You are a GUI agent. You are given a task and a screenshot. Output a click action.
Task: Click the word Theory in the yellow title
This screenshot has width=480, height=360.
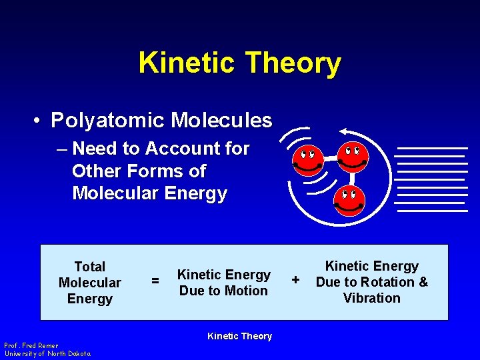pyautogui.click(x=293, y=63)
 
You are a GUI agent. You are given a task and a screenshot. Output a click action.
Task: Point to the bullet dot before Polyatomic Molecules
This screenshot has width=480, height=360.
pyautogui.click(x=39, y=121)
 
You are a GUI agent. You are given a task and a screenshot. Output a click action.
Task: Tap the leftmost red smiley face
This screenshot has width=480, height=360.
pyautogui.click(x=307, y=159)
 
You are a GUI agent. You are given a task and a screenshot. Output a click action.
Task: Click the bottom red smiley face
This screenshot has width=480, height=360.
pyautogui.click(x=349, y=200)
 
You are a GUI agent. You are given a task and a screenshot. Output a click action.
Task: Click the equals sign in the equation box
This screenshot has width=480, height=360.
pyautogui.click(x=155, y=282)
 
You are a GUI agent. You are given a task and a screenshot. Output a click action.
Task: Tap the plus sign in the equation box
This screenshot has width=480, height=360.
pyautogui.click(x=296, y=278)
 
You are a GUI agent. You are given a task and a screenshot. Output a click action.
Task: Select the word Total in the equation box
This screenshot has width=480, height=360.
pyautogui.click(x=90, y=267)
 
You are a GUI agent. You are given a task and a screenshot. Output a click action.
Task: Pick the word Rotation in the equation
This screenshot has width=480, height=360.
pyautogui.click(x=389, y=282)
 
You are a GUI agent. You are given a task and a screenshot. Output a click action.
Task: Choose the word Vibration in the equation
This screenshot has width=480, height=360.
pyautogui.click(x=372, y=298)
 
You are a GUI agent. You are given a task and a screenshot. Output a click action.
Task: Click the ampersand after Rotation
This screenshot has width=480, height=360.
pyautogui.click(x=423, y=282)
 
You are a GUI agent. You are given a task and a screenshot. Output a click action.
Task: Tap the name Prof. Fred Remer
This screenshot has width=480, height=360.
pyautogui.click(x=31, y=345)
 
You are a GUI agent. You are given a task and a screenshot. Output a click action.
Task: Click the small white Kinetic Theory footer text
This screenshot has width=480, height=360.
pyautogui.click(x=239, y=336)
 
